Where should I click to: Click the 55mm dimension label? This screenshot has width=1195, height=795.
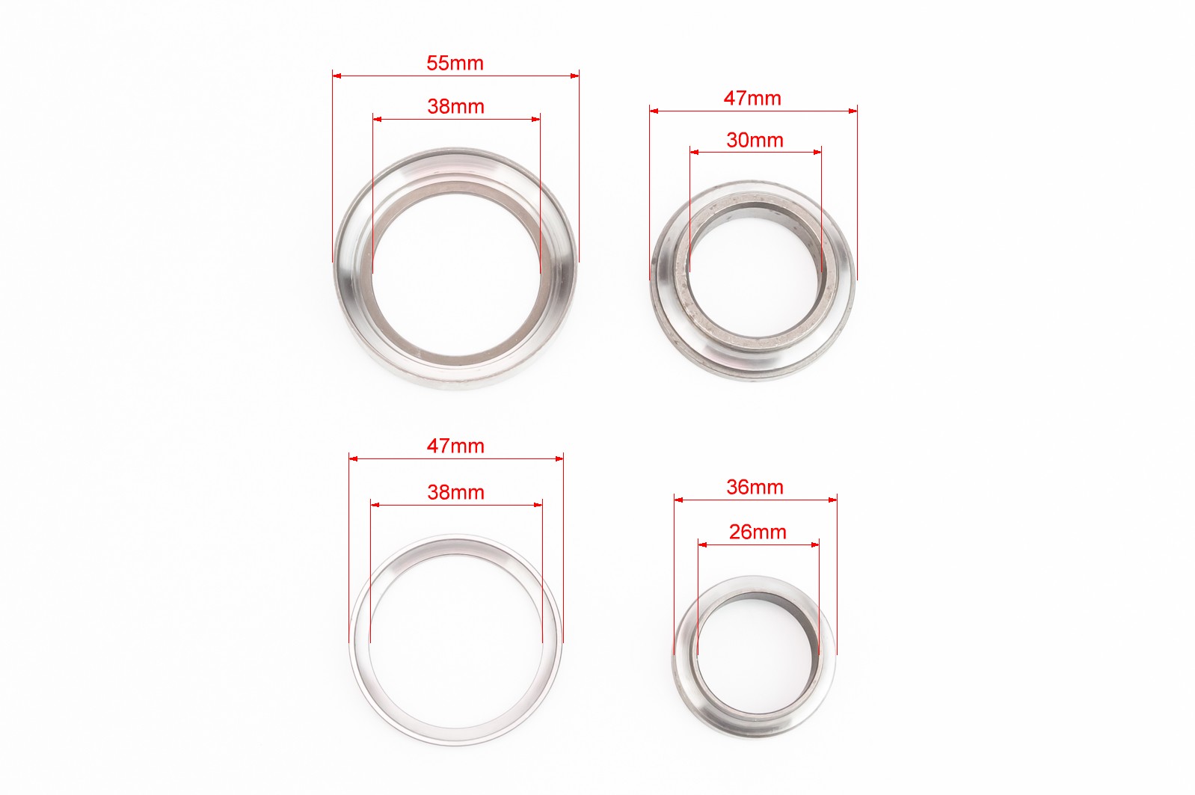tap(455, 63)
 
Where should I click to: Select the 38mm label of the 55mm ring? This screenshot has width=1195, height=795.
tap(455, 107)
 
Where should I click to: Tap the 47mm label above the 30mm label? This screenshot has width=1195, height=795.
tap(752, 98)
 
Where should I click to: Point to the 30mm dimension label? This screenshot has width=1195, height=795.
tap(755, 140)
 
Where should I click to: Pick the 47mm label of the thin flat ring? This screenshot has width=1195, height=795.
tap(455, 446)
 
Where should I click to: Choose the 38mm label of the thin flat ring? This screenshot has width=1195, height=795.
tap(455, 492)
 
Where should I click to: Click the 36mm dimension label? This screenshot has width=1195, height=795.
tap(755, 487)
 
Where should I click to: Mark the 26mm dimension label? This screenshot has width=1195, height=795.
tap(758, 532)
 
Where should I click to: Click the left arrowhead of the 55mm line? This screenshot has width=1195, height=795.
tap(337, 76)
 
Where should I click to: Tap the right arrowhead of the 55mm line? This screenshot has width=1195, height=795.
tap(574, 76)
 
